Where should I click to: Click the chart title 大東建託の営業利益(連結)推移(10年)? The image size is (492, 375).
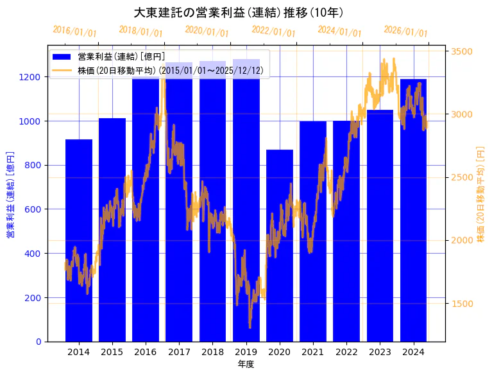238,12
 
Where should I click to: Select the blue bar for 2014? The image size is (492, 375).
79,244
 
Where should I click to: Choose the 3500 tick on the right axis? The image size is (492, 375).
462,51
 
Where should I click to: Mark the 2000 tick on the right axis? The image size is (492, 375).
462,240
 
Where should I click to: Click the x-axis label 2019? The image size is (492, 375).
246,351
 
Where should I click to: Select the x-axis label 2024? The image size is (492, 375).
413,351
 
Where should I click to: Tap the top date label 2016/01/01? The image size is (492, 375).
74,31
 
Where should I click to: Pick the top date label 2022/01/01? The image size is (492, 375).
274,31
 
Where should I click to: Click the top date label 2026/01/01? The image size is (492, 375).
405,31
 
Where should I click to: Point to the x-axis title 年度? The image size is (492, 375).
246,364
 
